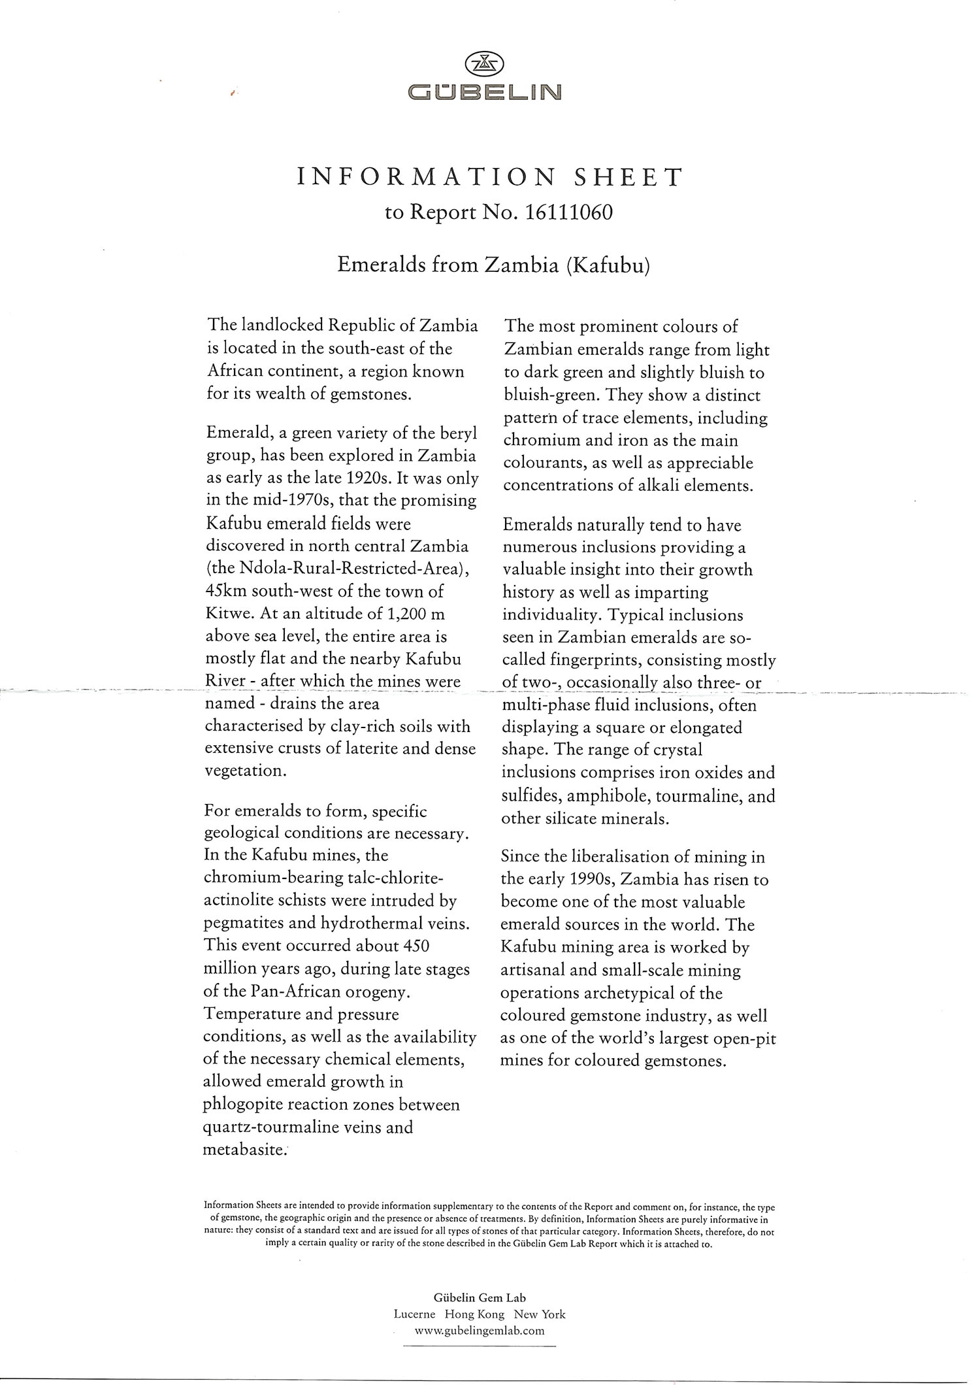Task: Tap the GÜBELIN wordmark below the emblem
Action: coord(483,92)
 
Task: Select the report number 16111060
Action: coord(568,213)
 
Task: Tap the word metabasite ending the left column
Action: coord(244,1150)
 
